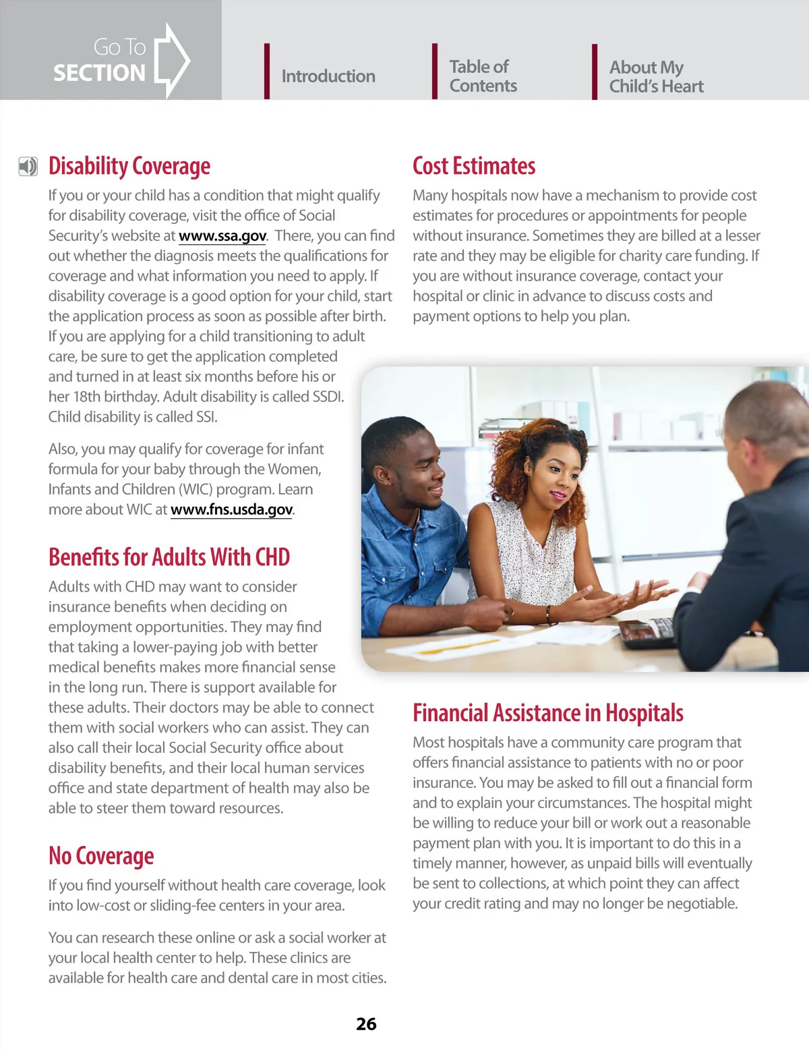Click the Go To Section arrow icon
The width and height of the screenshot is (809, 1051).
(x=172, y=60)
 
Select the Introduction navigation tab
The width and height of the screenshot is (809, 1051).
(x=328, y=76)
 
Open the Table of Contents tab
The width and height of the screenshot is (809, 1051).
(x=483, y=76)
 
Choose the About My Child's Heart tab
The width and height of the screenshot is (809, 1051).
(x=656, y=77)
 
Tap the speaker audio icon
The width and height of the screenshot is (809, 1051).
(x=28, y=167)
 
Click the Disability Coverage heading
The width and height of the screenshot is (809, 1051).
(x=129, y=166)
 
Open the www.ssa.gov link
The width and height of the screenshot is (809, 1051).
(x=222, y=236)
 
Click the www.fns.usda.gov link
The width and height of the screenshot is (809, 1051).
(x=231, y=510)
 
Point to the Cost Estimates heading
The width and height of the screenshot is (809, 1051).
(x=474, y=166)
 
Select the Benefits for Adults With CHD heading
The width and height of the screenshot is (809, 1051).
(x=169, y=557)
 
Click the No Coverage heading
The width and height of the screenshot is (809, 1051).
(x=101, y=856)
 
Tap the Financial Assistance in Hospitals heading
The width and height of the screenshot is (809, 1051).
(x=548, y=713)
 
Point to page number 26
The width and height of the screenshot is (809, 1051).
(x=366, y=1024)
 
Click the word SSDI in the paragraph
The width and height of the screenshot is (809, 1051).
(x=328, y=397)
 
